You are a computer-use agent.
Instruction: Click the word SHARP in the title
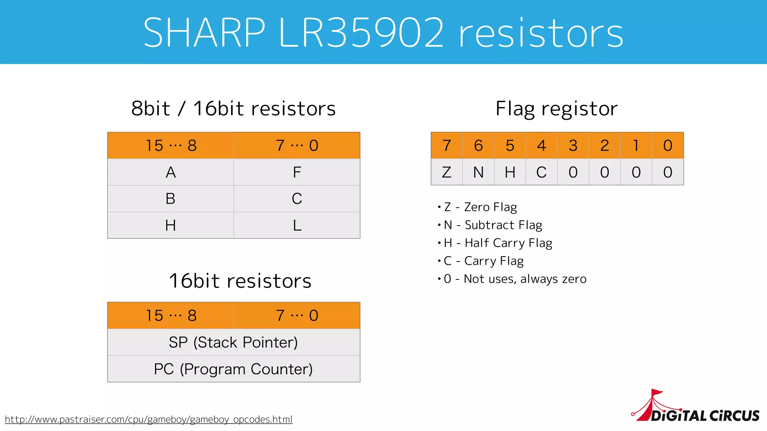point(204,33)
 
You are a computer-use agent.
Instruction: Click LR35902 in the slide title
point(361,33)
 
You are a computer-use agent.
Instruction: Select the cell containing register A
point(171,172)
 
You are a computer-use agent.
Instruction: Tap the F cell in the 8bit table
point(297,172)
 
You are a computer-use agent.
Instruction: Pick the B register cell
point(171,199)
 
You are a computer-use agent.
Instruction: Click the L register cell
point(297,225)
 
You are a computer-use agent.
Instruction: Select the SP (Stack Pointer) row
point(233,342)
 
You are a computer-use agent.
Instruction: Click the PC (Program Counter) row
point(233,369)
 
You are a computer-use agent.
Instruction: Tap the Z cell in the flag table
point(446,172)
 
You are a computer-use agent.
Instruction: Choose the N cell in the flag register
point(478,172)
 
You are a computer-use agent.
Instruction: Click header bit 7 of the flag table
point(446,146)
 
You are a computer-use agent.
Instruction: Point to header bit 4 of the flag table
point(542,146)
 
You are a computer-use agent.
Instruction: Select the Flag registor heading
point(557,109)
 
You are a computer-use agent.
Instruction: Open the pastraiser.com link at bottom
point(149,419)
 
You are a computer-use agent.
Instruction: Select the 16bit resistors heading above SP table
point(240,281)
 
